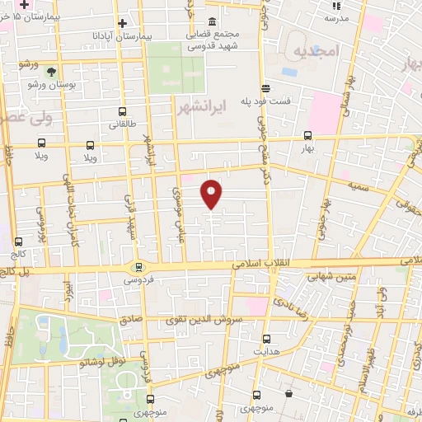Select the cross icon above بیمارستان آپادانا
[x=122, y=24]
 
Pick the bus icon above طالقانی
[x=122, y=111]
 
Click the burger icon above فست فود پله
[x=265, y=87]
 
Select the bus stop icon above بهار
[x=307, y=136]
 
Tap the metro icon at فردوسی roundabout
[x=138, y=267]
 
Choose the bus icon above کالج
[x=19, y=241]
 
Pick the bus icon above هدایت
[x=266, y=338]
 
